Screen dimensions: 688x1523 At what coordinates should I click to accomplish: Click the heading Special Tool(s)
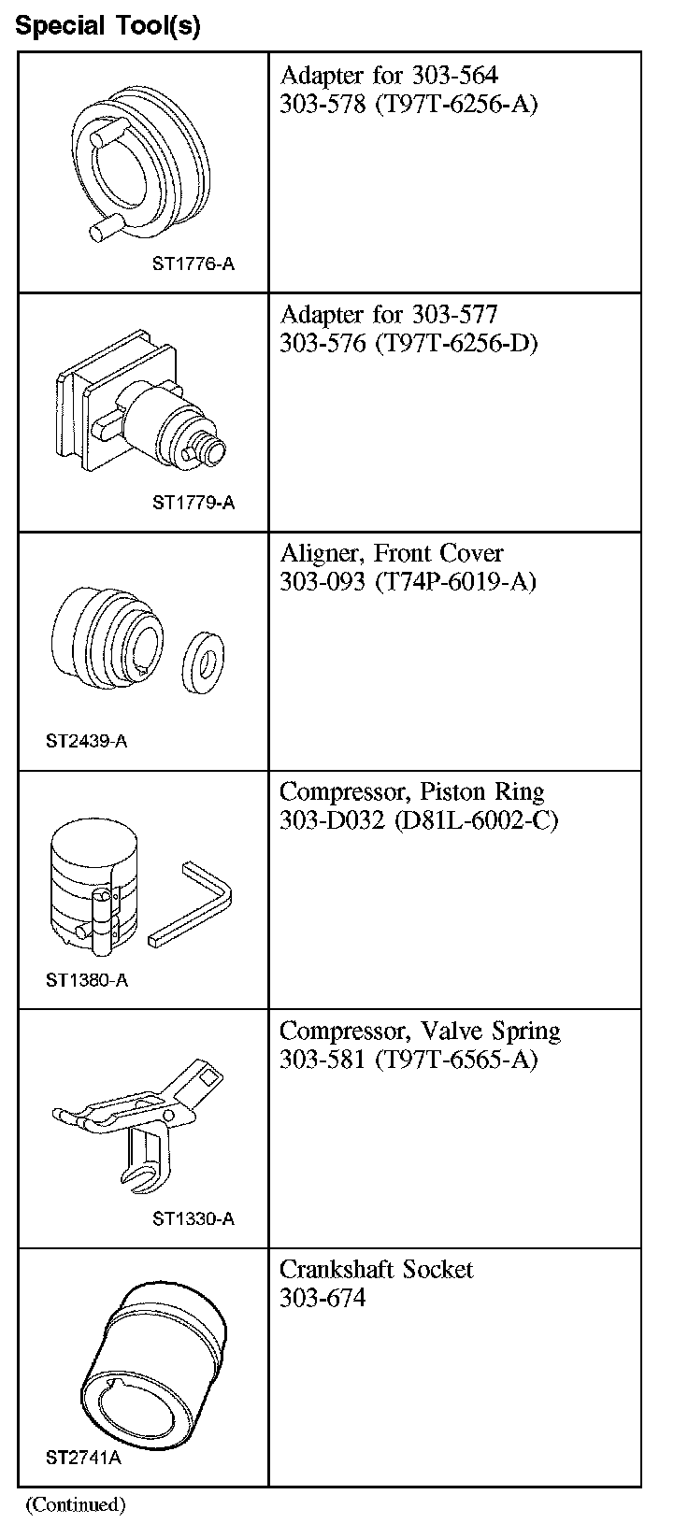tap(107, 26)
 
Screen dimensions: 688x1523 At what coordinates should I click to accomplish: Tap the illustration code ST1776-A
tap(193, 264)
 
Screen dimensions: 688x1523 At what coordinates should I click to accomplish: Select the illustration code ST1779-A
tap(193, 504)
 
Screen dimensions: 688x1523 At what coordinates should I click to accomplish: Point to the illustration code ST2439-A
tap(86, 742)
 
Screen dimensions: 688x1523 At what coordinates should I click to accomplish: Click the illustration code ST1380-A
tap(86, 981)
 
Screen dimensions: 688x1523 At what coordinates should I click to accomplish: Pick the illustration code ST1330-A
tap(193, 1219)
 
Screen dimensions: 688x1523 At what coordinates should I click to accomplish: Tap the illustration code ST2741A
tap(83, 1459)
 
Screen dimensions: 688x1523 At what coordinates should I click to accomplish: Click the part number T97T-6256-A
tap(456, 104)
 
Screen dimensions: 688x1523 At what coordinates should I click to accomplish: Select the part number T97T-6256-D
tap(456, 343)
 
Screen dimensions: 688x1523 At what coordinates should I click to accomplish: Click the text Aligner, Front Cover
tap(392, 553)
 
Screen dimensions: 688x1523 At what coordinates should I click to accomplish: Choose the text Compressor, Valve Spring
tap(420, 1032)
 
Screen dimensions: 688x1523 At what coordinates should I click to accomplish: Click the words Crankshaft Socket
tap(376, 1270)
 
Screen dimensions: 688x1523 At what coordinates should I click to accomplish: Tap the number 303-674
tap(322, 1299)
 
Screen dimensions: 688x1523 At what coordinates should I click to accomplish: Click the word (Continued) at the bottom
tap(76, 1504)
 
